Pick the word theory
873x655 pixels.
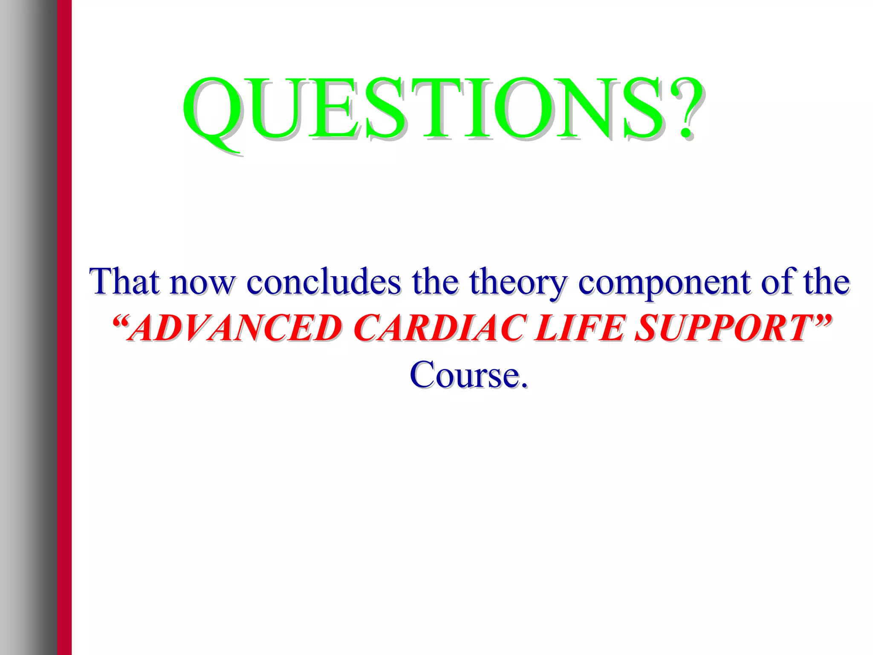(x=518, y=283)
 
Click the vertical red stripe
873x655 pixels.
(x=64, y=327)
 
